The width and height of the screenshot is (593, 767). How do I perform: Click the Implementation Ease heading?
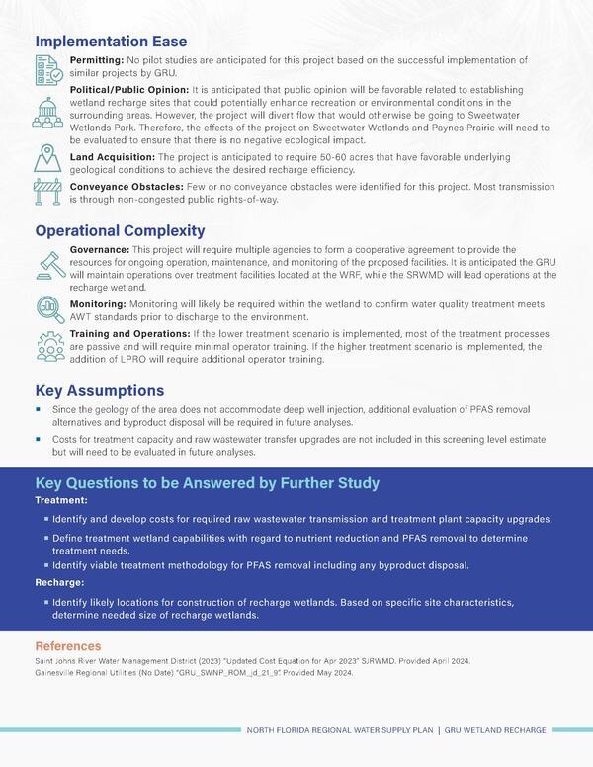coord(110,43)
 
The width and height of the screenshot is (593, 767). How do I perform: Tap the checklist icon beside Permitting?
coord(48,68)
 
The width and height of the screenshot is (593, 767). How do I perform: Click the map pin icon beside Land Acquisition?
coord(48,158)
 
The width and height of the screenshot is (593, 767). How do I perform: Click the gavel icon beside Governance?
coord(48,262)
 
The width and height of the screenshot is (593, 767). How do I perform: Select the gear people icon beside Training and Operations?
coord(48,346)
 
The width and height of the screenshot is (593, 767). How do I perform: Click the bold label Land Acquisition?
coord(112,156)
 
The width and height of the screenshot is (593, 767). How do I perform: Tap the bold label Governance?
coord(98,249)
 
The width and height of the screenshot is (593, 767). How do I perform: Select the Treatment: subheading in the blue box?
coord(61,501)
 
